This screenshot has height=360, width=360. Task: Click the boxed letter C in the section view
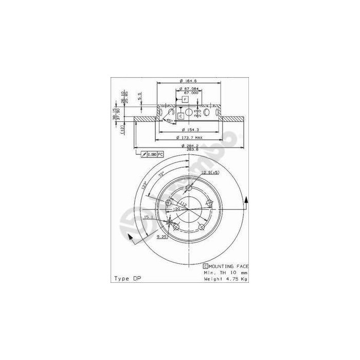click(181, 116)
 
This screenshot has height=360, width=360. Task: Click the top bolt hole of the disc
click(188, 189)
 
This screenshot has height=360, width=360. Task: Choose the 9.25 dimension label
click(160, 237)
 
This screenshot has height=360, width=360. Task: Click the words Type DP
click(127, 278)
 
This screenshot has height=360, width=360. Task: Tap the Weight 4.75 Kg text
click(226, 278)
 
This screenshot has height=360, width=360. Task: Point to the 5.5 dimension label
click(139, 96)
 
